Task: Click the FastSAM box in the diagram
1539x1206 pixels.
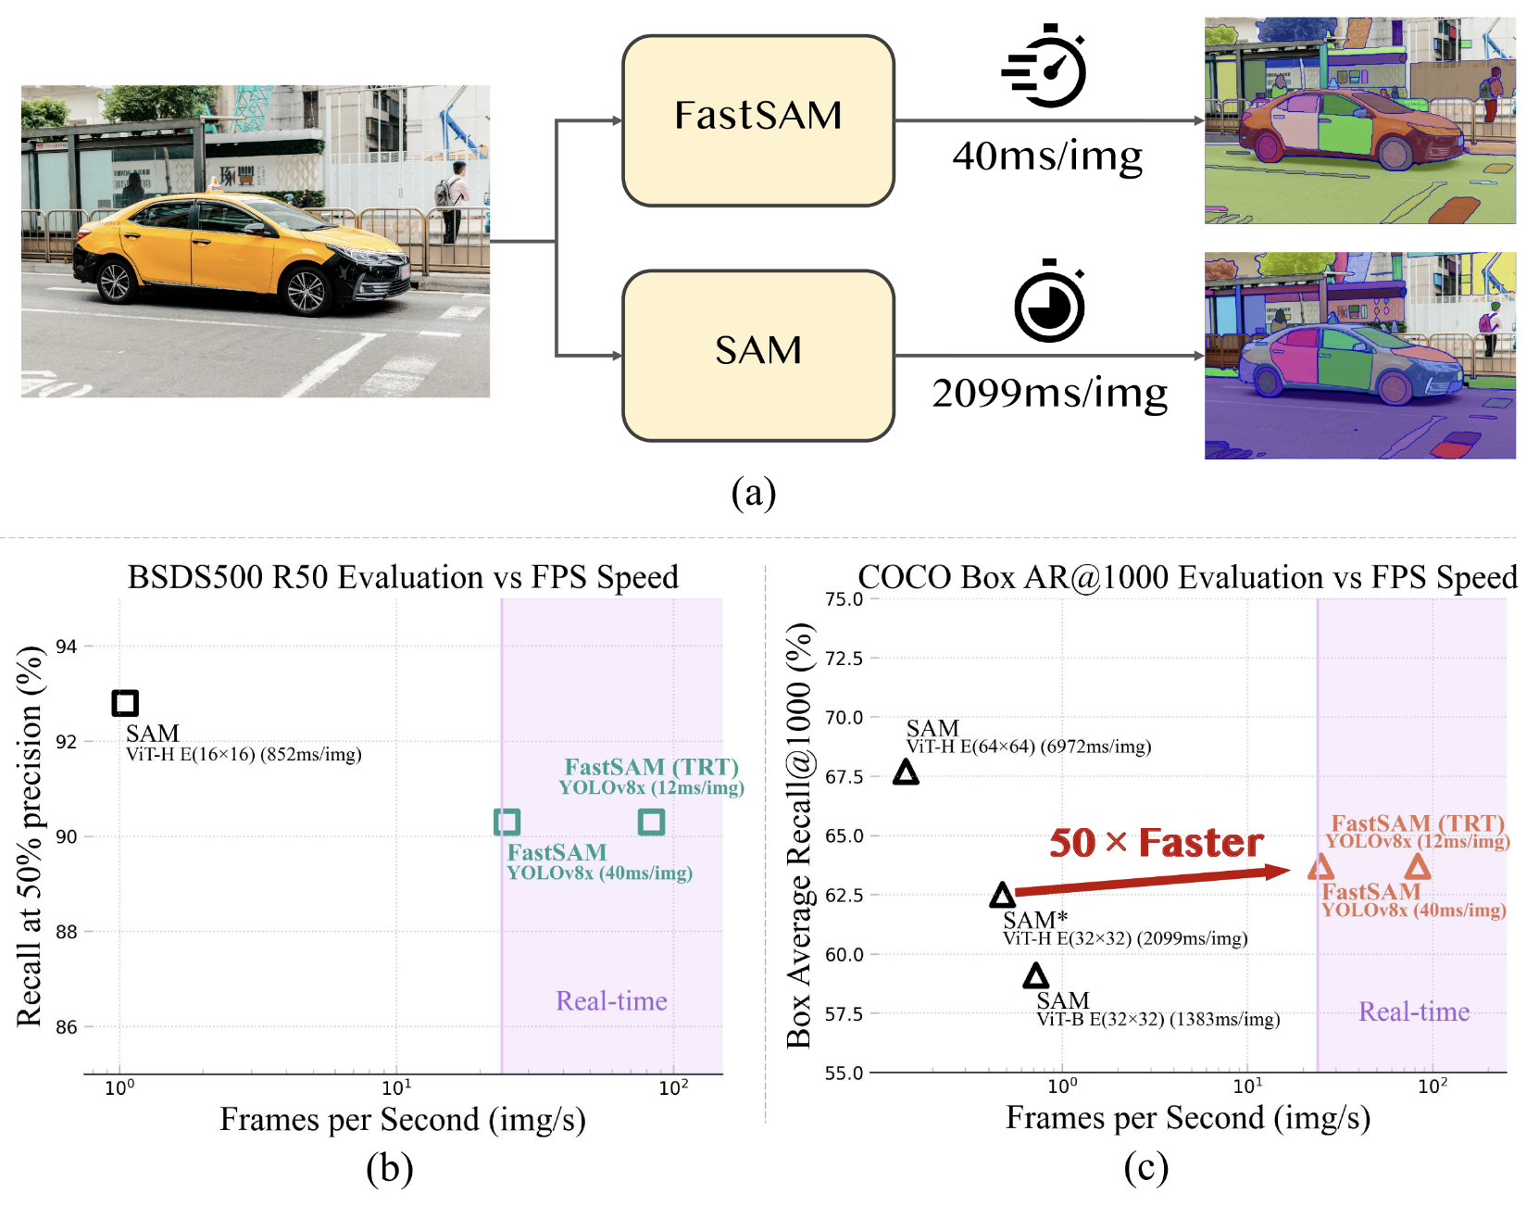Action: click(x=757, y=120)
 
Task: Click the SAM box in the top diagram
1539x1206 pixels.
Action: click(x=757, y=355)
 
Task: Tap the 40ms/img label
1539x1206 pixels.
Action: click(x=1047, y=157)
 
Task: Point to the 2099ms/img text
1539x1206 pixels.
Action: click(x=1049, y=394)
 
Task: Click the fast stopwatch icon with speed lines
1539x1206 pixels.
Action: click(x=1046, y=67)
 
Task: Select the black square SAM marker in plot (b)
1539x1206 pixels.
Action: click(x=125, y=703)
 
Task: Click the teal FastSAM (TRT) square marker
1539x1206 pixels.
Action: click(x=651, y=822)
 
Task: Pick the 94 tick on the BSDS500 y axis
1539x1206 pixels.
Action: click(x=66, y=647)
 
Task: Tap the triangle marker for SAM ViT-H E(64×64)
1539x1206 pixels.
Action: click(x=906, y=773)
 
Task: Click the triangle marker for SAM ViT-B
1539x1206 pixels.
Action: click(x=1035, y=975)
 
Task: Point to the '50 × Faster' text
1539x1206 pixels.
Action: click(x=1156, y=842)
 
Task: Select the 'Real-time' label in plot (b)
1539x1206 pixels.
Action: click(x=611, y=1001)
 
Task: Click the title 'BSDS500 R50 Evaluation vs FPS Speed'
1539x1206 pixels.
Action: click(x=403, y=577)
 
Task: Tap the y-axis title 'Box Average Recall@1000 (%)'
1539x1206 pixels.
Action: click(x=799, y=834)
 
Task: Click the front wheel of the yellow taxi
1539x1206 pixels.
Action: click(x=307, y=290)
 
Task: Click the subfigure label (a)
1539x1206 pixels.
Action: click(x=753, y=493)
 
